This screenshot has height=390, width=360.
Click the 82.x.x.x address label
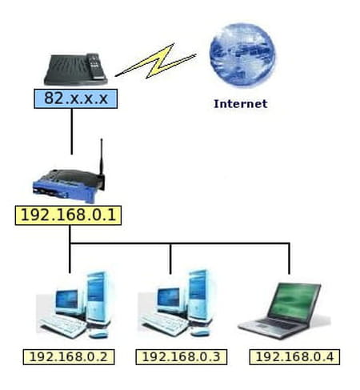(76, 99)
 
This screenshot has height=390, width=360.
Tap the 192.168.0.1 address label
(68, 215)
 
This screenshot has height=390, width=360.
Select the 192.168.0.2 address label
(69, 357)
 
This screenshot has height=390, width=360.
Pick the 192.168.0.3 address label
(182, 357)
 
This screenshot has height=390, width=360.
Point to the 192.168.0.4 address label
(294, 357)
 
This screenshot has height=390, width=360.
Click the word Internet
(241, 104)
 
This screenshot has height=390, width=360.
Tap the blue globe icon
(242, 55)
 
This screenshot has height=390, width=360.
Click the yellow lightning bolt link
(156, 62)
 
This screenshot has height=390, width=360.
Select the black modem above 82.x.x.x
(76, 70)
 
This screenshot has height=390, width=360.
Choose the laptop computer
(284, 311)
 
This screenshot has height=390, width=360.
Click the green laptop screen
(294, 300)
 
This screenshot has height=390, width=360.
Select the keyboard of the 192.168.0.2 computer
(63, 326)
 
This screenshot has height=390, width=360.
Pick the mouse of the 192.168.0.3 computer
(199, 332)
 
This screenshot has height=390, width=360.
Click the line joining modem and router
(71, 131)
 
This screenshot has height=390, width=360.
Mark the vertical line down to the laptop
(290, 259)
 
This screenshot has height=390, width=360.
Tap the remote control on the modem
(94, 66)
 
